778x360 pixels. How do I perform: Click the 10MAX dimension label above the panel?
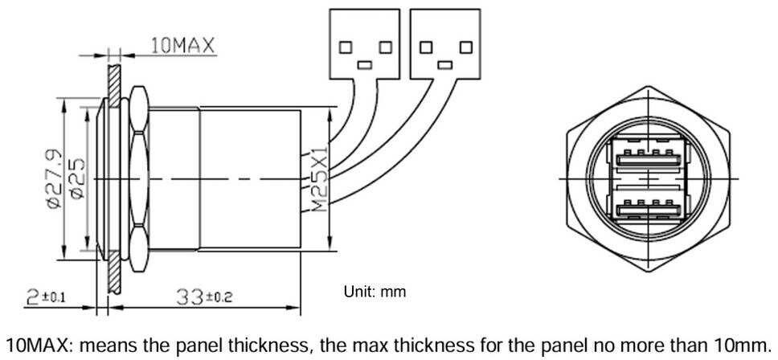183,46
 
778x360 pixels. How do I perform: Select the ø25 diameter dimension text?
77,179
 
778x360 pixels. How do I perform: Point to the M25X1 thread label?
321,179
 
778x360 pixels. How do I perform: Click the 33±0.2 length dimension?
204,297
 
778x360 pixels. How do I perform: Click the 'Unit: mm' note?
375,292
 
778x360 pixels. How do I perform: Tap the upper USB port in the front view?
648,160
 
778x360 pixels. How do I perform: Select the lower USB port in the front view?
648,209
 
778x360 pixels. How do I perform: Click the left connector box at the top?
365,43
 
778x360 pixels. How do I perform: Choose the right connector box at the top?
445,43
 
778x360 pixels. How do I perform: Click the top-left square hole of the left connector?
346,47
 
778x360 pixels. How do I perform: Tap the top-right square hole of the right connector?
465,47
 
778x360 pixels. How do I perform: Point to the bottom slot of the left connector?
365,65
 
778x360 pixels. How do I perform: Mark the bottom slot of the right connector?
445,65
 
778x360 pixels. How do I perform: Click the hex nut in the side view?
139,179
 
